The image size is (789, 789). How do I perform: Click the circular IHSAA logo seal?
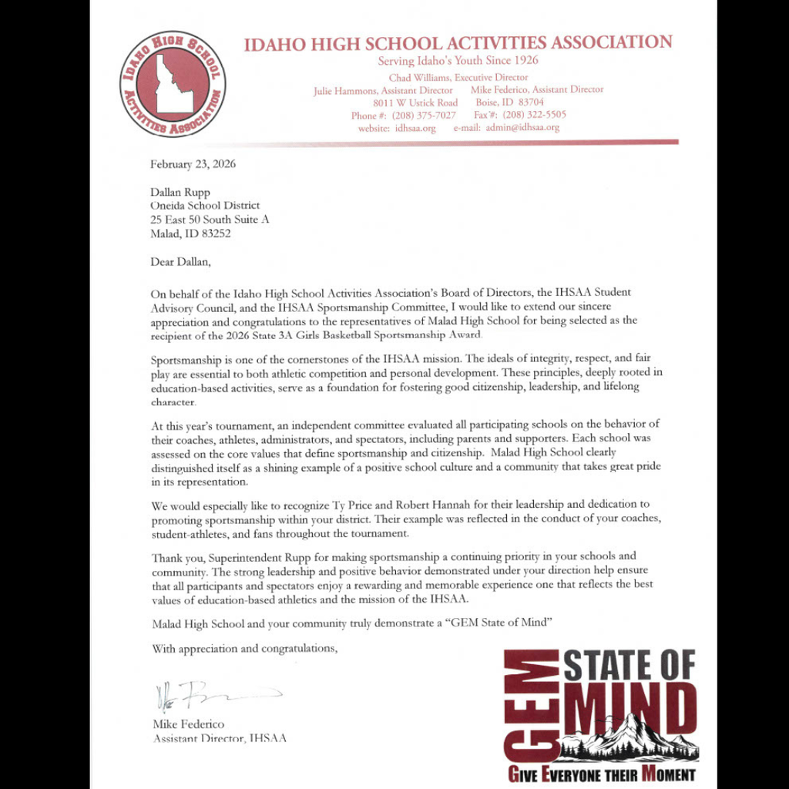(x=172, y=84)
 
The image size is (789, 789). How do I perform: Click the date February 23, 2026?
(x=193, y=164)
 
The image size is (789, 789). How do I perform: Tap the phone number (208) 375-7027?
(x=424, y=115)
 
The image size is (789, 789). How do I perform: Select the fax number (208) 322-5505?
(x=534, y=115)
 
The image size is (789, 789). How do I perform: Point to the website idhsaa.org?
(x=415, y=128)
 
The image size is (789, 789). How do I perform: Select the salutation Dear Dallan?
(x=180, y=261)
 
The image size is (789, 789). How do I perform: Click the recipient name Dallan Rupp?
(x=180, y=192)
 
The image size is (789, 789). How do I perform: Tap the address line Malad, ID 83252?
(x=190, y=233)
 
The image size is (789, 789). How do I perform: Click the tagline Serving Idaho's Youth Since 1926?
(x=458, y=61)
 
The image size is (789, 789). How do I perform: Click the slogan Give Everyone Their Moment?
(x=601, y=774)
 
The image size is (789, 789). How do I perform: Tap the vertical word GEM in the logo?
(x=532, y=705)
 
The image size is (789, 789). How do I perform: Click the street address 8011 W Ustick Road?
(x=415, y=102)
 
